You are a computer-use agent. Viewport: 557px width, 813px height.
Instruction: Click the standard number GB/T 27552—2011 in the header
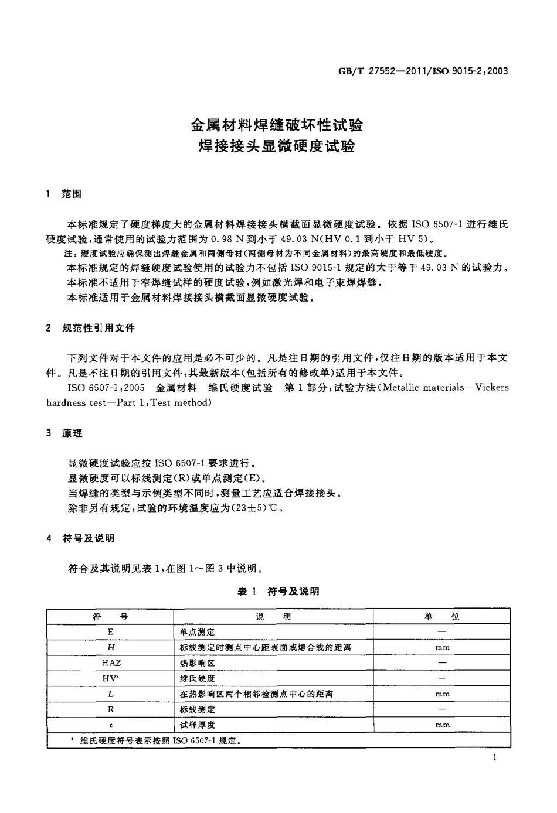click(x=377, y=72)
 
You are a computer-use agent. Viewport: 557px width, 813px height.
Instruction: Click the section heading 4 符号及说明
click(x=80, y=538)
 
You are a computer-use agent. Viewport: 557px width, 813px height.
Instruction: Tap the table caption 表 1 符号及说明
click(x=278, y=592)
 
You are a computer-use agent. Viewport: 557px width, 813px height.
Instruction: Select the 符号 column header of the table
click(x=110, y=616)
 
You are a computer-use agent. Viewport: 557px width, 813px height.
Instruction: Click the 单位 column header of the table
click(x=442, y=616)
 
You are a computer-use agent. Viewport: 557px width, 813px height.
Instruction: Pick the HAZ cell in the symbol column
click(x=111, y=662)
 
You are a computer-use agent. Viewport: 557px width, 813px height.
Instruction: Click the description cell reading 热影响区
click(x=198, y=662)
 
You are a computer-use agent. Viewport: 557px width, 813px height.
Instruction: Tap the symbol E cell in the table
click(x=111, y=632)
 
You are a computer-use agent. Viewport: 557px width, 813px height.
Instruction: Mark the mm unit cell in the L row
click(x=442, y=694)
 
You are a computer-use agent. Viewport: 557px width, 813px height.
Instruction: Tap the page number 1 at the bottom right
click(x=495, y=758)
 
